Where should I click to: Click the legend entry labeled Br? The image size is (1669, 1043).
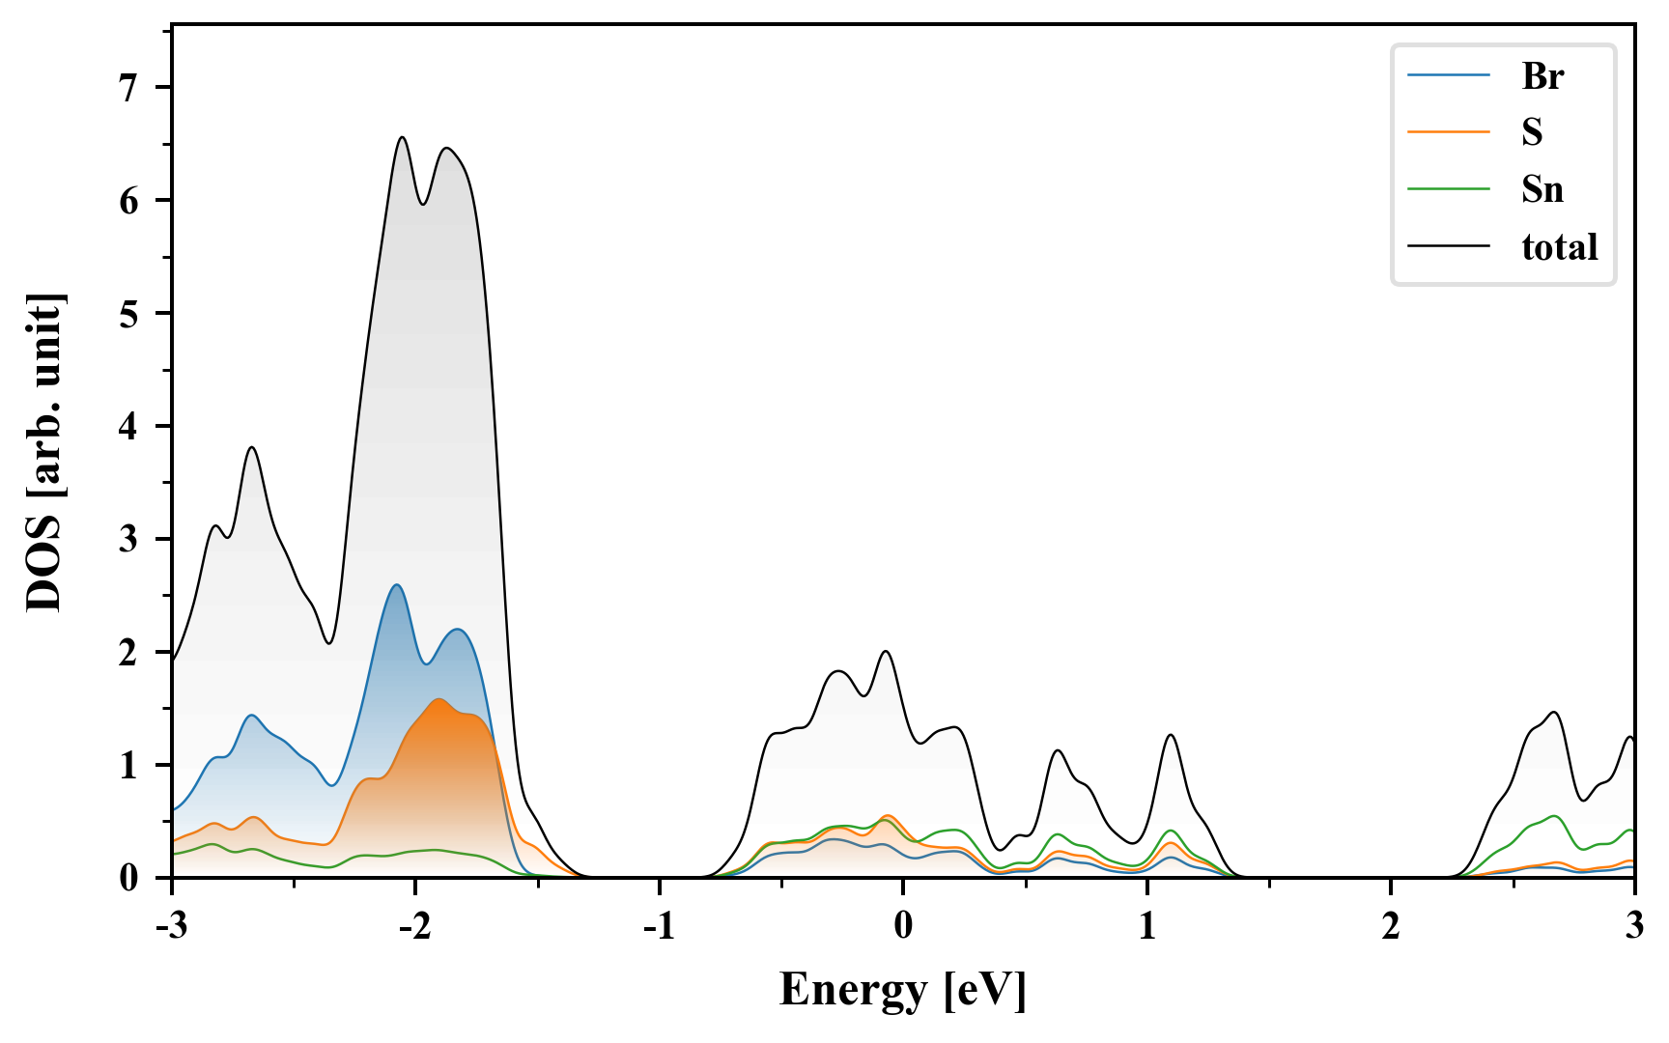1542,75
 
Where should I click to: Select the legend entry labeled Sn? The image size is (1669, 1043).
1542,189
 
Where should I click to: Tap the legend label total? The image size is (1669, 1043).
1559,247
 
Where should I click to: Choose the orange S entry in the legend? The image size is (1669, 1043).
1532,132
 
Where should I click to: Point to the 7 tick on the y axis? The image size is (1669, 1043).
129,88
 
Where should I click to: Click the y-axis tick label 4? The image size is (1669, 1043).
129,426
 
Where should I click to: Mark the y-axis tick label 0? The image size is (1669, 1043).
129,878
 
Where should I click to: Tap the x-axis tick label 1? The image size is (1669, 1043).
1146,926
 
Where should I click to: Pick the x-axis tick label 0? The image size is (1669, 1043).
903,926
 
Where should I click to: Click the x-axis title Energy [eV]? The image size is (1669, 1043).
903,990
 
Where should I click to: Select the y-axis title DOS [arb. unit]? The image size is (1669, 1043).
44,452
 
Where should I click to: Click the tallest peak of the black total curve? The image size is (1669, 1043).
402,137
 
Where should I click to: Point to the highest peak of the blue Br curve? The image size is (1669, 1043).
396,585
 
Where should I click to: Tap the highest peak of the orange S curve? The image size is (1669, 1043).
439,699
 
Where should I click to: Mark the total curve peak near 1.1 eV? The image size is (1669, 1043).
1171,735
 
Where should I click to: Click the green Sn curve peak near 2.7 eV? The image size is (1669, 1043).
1554,816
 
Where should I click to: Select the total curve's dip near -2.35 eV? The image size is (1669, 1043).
329,643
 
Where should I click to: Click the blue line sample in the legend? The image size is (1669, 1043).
1448,75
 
